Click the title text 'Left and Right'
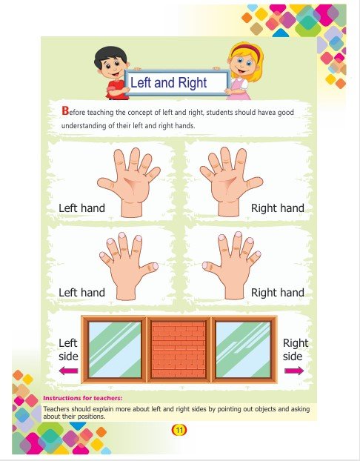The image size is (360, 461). point(168,82)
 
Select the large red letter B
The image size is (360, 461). point(65,111)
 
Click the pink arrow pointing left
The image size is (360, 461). point(68,371)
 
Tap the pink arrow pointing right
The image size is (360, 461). point(294,371)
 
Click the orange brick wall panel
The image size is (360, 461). point(179,349)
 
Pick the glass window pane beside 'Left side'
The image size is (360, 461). point(115,349)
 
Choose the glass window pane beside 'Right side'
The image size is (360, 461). point(243,349)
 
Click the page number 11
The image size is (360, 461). point(179,430)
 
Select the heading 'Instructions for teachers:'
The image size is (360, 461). point(82,398)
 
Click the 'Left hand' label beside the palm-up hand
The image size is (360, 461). point(81,208)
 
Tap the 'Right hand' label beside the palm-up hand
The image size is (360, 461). point(278,208)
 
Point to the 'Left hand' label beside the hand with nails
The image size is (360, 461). point(81,293)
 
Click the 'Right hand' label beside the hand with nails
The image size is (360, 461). point(278,293)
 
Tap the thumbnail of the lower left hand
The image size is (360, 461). point(155,266)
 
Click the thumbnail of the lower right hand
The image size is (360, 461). point(205,266)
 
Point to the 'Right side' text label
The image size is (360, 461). point(295,350)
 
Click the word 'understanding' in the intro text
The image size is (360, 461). point(84,126)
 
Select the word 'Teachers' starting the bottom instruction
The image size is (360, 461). point(56,409)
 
